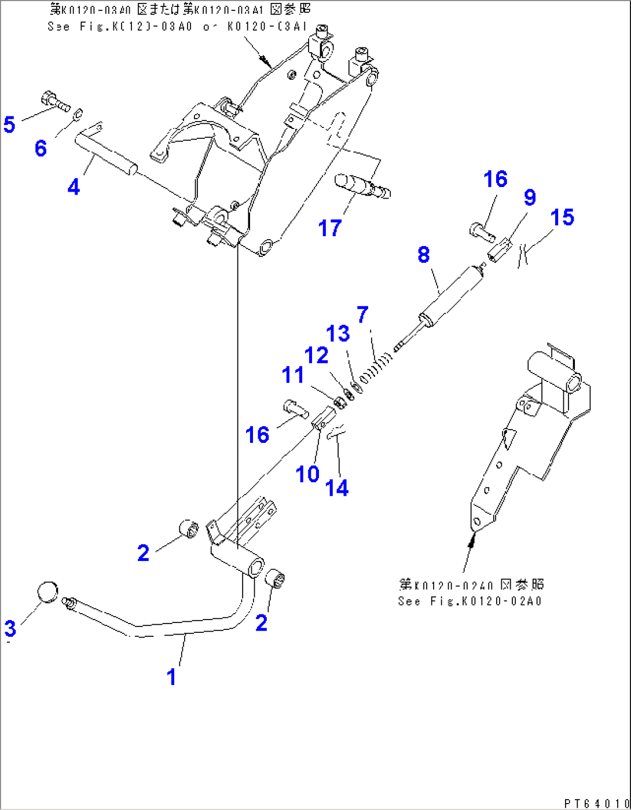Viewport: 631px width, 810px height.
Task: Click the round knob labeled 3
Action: (x=48, y=591)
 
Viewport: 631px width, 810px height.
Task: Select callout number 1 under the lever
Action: (x=171, y=676)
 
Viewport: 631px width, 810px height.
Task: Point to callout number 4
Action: (x=74, y=187)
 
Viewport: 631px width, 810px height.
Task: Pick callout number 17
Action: (x=330, y=228)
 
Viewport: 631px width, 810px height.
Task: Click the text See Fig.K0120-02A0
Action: (x=469, y=601)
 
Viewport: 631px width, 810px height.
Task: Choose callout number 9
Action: (x=530, y=197)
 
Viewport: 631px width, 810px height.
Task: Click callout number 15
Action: (x=562, y=218)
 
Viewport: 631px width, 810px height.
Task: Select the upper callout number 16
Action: (x=496, y=179)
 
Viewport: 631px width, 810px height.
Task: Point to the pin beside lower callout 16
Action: (x=294, y=409)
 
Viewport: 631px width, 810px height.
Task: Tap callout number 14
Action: (x=337, y=488)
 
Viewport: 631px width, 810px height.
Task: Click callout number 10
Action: (x=307, y=474)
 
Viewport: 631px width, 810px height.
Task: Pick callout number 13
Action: (x=338, y=333)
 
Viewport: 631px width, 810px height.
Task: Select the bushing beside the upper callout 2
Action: (x=189, y=529)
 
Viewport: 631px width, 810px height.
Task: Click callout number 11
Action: (x=293, y=375)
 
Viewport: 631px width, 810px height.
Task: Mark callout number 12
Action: (x=317, y=355)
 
